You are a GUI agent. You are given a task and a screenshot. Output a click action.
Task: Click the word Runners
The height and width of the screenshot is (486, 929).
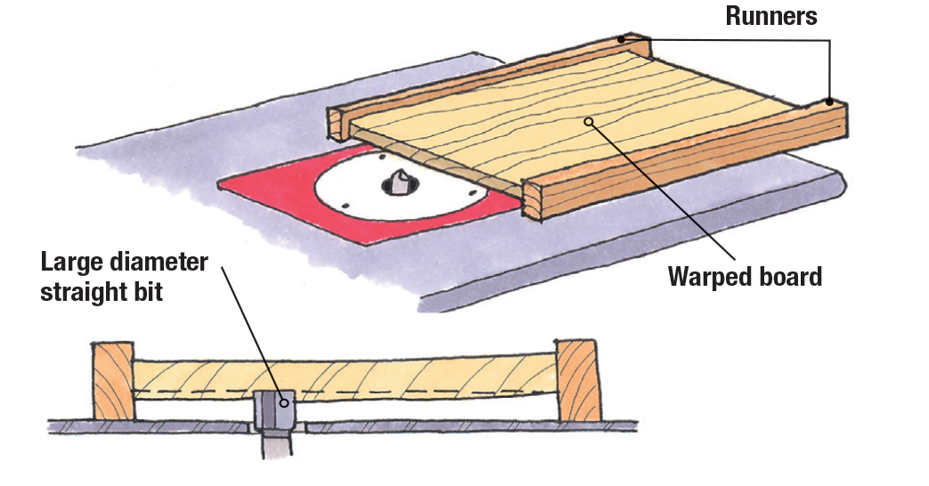[x=770, y=16]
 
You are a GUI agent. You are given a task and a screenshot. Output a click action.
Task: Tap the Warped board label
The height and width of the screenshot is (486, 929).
[x=745, y=276]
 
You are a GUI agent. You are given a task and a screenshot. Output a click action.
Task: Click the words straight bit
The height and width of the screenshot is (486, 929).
[x=102, y=292]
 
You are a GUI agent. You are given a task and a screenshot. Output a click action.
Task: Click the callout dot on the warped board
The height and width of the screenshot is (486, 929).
[x=588, y=121]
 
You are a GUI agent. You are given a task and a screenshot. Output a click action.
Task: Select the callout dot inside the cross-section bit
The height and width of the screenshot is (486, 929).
[x=284, y=401]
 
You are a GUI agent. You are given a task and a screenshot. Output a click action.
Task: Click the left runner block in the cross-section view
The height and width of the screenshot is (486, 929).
[x=113, y=380]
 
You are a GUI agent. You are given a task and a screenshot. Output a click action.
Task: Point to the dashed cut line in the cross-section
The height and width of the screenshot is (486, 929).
[x=401, y=391]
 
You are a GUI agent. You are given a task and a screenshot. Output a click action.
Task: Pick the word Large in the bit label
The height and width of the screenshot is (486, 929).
[x=72, y=263]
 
